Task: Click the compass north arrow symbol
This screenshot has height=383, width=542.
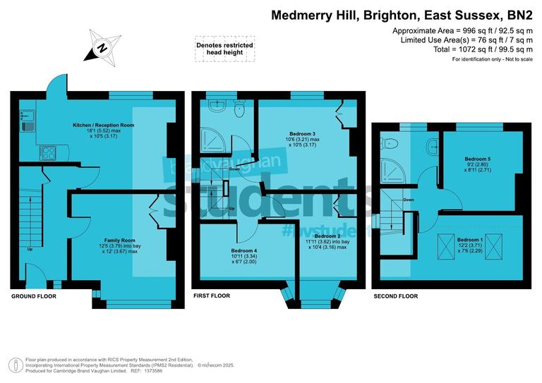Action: point(101,47)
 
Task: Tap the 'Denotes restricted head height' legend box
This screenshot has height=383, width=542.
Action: point(224,49)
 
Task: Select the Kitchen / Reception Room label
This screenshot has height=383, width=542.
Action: point(104,126)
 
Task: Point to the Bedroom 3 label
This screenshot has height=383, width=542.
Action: point(302,133)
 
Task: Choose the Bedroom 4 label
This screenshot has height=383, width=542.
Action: point(245,250)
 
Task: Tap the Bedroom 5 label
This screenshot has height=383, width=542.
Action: point(478,159)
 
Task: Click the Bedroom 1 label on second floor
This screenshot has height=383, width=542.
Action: point(471,240)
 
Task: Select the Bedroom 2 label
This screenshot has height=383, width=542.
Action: point(328,236)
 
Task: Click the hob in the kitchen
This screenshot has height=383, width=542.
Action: point(49,151)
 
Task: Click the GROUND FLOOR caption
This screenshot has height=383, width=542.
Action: point(34,296)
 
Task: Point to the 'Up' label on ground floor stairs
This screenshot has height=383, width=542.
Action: point(30,249)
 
